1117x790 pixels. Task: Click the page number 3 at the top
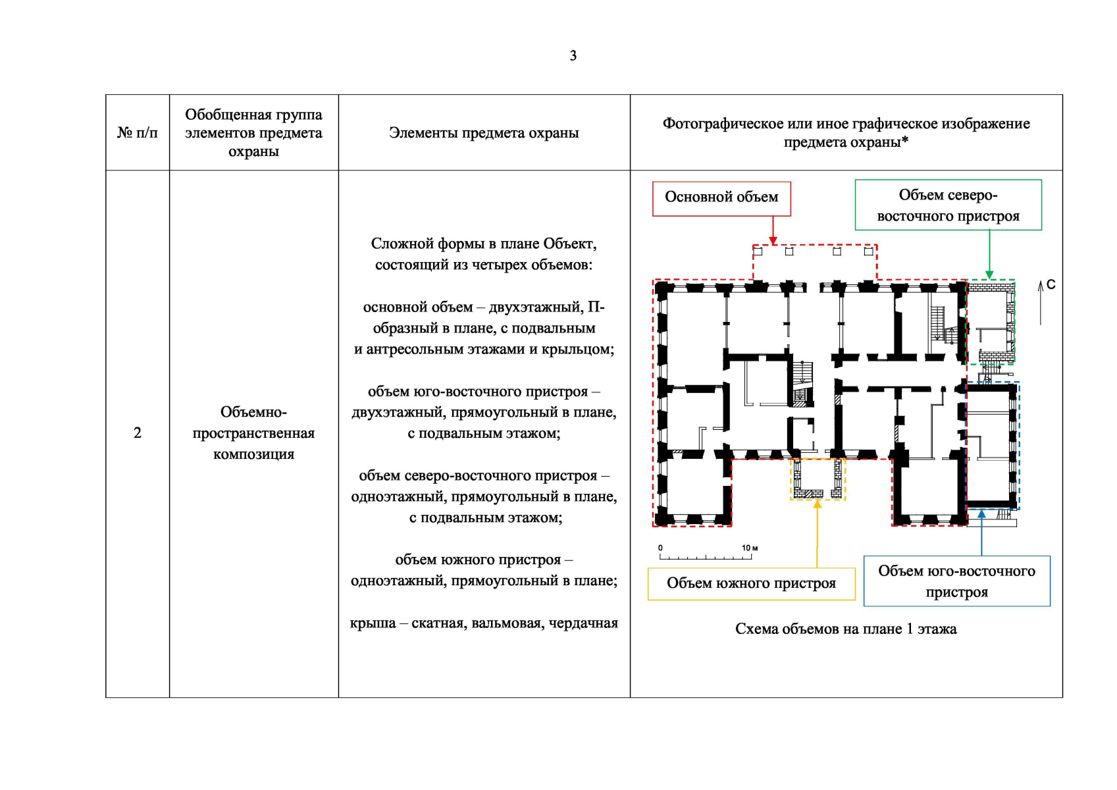[x=573, y=56]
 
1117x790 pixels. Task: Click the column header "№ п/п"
[x=137, y=133]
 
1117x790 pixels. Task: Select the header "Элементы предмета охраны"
[x=484, y=133]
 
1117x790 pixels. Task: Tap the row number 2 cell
[x=137, y=433]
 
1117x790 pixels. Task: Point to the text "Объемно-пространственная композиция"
[x=253, y=433]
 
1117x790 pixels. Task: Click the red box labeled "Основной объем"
[x=721, y=197]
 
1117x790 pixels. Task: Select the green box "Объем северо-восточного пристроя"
[x=948, y=205]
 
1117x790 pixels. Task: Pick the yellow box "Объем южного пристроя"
[x=751, y=583]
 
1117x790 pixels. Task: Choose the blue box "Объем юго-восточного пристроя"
[x=956, y=581]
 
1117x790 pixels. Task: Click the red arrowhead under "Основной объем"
[x=773, y=240]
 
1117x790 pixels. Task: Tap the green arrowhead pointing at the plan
[x=989, y=275]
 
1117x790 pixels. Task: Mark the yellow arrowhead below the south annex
[x=818, y=504]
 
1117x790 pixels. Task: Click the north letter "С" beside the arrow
[x=1051, y=284]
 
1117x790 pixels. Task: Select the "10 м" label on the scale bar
[x=750, y=548]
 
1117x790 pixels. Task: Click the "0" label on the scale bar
[x=660, y=548]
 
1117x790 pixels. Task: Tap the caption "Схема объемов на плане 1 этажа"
[x=846, y=629]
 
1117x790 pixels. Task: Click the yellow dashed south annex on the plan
[x=818, y=479]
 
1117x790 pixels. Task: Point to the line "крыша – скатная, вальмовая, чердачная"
[x=484, y=623]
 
